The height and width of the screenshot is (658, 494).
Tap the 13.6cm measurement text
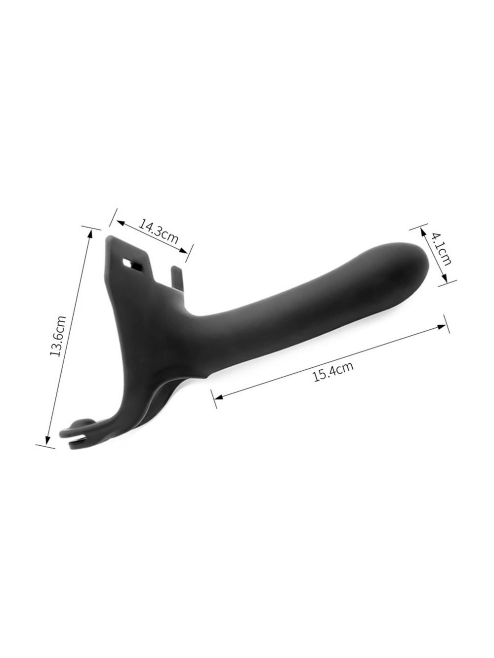[58, 336]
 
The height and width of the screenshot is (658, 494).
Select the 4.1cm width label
[441, 249]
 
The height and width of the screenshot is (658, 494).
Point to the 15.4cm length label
[333, 372]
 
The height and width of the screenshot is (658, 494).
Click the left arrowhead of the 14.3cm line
[120, 223]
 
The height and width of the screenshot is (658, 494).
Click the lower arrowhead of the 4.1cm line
[445, 278]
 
